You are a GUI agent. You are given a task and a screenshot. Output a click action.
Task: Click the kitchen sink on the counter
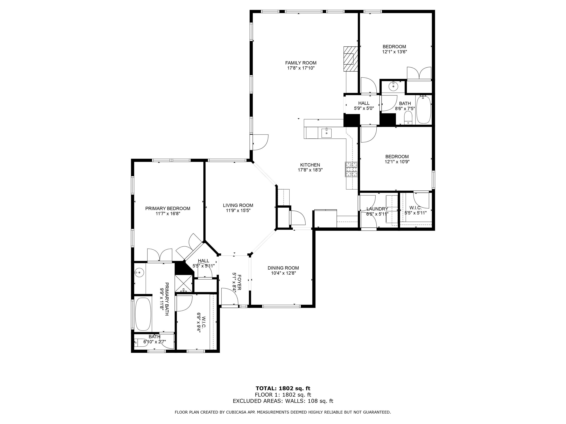click(x=326, y=133)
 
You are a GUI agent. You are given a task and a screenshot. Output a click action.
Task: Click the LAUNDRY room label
click(x=377, y=209)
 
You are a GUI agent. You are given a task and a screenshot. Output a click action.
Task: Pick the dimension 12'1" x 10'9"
click(x=397, y=162)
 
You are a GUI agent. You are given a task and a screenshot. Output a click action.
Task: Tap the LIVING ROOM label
click(x=238, y=205)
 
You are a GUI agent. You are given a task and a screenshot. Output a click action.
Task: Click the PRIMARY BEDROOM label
click(x=168, y=208)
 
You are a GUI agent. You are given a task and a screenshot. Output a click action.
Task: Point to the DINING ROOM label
click(x=283, y=268)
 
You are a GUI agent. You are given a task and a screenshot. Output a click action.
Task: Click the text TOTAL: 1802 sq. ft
click(x=283, y=389)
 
